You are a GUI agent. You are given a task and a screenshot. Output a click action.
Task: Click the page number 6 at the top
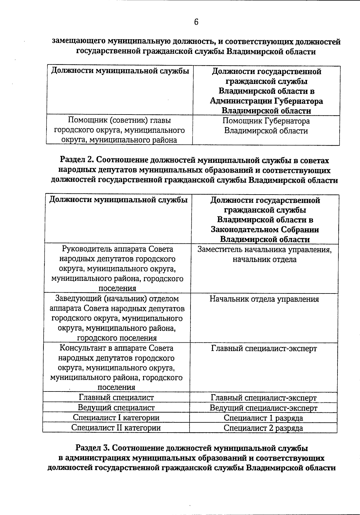click(x=196, y=22)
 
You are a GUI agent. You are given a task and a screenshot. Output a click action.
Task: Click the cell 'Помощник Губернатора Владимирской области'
click(x=266, y=126)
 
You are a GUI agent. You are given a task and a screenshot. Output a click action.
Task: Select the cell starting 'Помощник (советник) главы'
click(x=119, y=130)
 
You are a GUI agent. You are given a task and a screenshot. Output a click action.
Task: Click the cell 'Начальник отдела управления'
click(x=264, y=299)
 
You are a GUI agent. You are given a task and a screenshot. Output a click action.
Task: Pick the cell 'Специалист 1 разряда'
click(x=263, y=418)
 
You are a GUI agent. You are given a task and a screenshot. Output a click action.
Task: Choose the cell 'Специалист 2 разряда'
click(x=263, y=428)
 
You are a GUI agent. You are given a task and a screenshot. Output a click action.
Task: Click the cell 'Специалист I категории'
click(x=116, y=418)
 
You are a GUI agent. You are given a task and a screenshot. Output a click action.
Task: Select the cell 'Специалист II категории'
click(x=116, y=428)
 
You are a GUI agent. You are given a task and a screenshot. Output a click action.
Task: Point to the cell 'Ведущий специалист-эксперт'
click(x=263, y=408)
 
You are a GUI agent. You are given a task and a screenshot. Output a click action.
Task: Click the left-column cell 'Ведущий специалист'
click(x=116, y=408)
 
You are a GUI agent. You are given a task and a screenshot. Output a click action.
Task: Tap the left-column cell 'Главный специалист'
click(x=116, y=397)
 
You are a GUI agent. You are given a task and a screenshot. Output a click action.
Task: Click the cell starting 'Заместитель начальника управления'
click(x=264, y=255)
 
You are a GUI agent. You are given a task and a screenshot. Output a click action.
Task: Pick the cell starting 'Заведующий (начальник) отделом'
click(x=117, y=318)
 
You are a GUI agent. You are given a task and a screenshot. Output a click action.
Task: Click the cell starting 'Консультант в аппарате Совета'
click(x=116, y=368)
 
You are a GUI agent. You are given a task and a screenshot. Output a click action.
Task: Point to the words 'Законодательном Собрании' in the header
click(x=265, y=230)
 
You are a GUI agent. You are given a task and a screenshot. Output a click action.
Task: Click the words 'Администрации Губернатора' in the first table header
click(x=266, y=101)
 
